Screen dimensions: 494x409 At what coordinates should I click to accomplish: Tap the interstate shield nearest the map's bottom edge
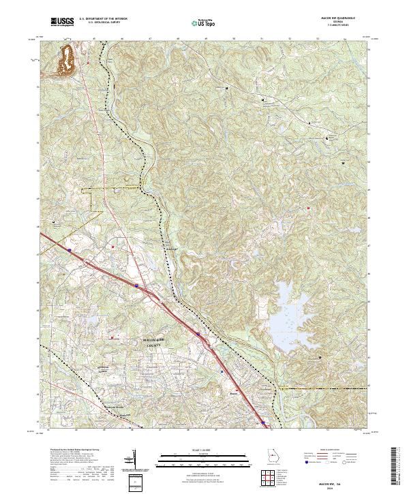click(262, 423)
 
